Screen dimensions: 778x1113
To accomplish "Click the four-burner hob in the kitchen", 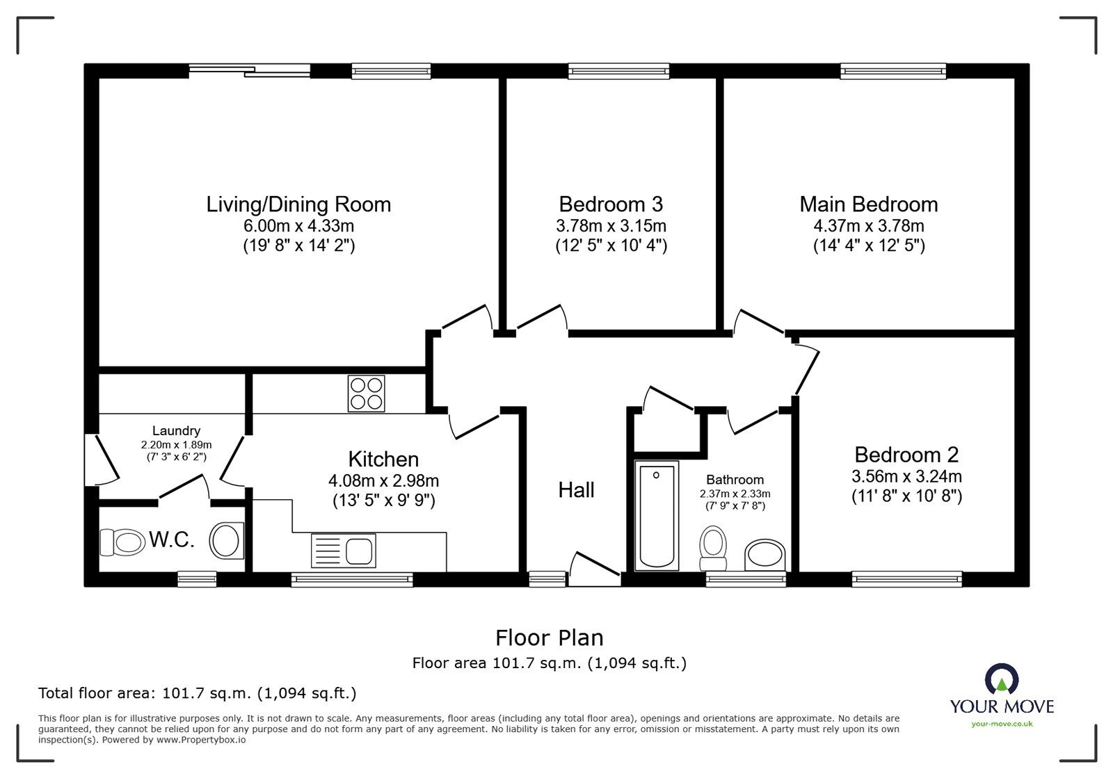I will (365, 394).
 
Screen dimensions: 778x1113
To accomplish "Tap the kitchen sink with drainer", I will (344, 549).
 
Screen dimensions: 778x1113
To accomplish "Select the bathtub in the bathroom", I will (657, 516).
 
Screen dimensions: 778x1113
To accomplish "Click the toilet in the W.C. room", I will (122, 542).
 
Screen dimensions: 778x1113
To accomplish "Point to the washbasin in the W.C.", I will (225, 540).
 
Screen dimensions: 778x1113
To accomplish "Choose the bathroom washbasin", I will (765, 555).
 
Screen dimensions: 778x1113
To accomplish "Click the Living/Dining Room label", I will (298, 204).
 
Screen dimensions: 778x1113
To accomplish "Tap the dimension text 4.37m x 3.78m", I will (868, 226).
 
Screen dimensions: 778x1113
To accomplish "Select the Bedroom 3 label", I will (610, 204).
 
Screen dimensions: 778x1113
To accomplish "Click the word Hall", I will (576, 490).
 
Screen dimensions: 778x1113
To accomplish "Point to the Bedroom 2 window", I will (907, 577).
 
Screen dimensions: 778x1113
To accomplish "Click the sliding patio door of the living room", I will (249, 68).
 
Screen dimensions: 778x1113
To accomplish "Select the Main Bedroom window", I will (893, 70).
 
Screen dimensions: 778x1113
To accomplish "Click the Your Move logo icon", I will (1002, 679).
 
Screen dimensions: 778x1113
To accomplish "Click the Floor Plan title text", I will (549, 638).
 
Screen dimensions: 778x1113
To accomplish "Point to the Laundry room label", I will (176, 431).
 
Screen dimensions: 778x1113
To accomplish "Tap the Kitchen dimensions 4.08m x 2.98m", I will (383, 481).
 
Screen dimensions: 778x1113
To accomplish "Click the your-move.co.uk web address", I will (1002, 724).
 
